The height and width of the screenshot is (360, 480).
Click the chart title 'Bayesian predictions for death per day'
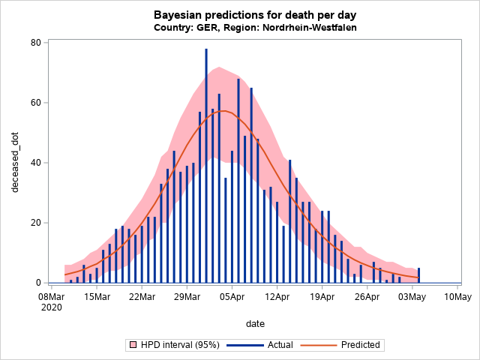[x=254, y=15]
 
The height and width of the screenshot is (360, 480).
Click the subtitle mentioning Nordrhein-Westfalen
[x=254, y=28]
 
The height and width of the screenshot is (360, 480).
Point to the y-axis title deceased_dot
[x=16, y=163]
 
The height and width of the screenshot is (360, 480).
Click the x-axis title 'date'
[x=254, y=323]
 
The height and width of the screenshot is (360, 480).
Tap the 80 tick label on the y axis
[x=34, y=43]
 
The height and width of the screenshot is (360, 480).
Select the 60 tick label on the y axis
[x=34, y=103]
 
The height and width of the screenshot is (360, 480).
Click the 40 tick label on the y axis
[x=34, y=163]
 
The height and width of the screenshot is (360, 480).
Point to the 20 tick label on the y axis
[x=34, y=223]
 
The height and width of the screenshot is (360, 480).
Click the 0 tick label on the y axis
[x=37, y=283]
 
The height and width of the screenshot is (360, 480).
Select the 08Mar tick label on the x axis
[x=51, y=297]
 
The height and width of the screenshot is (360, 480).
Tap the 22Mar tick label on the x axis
[x=142, y=297]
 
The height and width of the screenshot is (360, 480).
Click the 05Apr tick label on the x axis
[x=232, y=297]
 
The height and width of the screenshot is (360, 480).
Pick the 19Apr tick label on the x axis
[x=322, y=297]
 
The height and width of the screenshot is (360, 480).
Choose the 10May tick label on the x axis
[x=457, y=297]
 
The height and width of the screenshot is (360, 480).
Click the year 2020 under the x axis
[x=51, y=307]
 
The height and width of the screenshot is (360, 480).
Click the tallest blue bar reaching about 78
[x=206, y=165]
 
